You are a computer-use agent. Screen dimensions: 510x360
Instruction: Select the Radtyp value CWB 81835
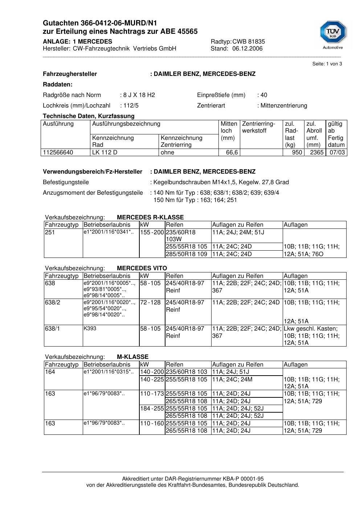pos(249,42)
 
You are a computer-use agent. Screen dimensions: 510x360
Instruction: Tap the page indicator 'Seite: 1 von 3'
pos(327,64)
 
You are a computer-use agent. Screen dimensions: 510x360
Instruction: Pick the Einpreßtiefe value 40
pos(264,95)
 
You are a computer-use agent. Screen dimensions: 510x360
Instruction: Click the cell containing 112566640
pos(58,153)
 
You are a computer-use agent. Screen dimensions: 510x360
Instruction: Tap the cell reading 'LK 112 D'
pos(105,153)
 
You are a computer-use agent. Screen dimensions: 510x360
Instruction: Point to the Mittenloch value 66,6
pos(232,153)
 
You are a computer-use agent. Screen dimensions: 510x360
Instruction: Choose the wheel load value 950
pos(297,153)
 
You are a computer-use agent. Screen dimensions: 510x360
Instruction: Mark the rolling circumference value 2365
pos(316,153)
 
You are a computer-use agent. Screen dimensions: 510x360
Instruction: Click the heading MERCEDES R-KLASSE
pos(150,218)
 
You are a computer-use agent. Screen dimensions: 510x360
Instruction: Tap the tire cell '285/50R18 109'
pos(186,254)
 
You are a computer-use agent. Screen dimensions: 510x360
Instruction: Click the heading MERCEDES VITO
pos(142,268)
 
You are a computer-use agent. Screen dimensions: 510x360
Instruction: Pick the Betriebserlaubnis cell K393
pos(90,328)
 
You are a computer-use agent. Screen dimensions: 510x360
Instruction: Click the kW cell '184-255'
pos(152,409)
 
